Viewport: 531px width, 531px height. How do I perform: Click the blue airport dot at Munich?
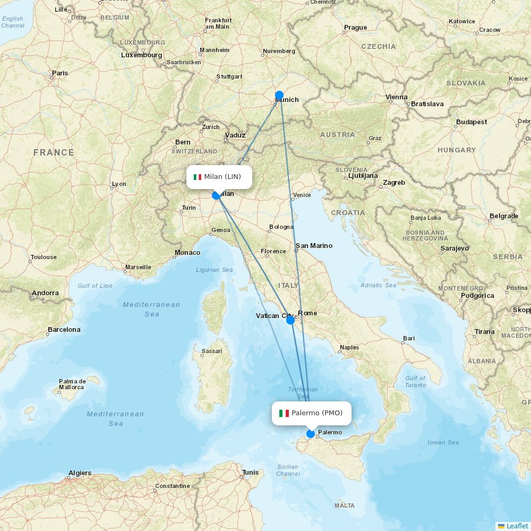coord(279,96)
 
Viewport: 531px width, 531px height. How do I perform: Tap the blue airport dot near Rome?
coord(290,320)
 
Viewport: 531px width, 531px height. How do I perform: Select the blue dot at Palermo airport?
coord(311,434)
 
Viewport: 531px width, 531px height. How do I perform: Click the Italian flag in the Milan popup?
coord(198,177)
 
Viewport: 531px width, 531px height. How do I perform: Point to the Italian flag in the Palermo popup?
coord(284,413)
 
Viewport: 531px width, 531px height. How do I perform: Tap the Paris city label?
coord(60,73)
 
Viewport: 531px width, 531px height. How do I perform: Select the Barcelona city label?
coord(64,330)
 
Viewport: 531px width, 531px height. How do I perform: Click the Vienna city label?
coord(397,97)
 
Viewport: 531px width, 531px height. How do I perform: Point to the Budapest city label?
coord(471,122)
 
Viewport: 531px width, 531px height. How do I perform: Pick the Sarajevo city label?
coord(455,249)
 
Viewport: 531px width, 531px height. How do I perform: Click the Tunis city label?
coord(250,473)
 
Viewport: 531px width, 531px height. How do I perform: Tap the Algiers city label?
coord(80,473)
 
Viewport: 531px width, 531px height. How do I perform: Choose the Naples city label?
coord(349,348)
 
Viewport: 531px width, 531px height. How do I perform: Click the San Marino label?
coord(314,246)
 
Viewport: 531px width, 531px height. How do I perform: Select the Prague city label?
coord(355,28)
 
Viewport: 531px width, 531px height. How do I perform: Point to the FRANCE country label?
coord(54,153)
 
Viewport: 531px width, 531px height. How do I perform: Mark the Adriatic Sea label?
coord(379,286)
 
